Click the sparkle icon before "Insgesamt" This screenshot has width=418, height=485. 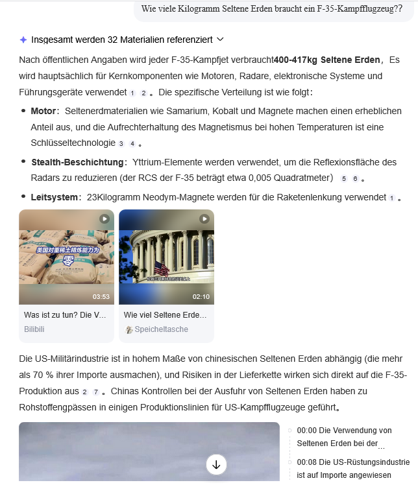pyautogui.click(x=23, y=40)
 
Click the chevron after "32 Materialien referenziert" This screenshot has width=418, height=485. pyautogui.click(x=221, y=40)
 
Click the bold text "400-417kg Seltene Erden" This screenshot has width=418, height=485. pyautogui.click(x=326, y=60)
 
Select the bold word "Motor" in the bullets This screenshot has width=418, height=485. pyautogui.click(x=43, y=111)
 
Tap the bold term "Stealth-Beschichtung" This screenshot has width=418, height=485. pyautogui.click(x=77, y=161)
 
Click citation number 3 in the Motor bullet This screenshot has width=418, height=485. pyautogui.click(x=121, y=143)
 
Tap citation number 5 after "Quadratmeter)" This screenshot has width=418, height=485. pyautogui.click(x=344, y=178)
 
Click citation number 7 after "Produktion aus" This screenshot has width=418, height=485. pyautogui.click(x=96, y=392)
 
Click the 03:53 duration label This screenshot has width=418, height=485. pyautogui.click(x=101, y=296)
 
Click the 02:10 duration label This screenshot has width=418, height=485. pyautogui.click(x=201, y=296)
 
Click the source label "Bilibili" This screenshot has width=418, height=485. pyautogui.click(x=34, y=329)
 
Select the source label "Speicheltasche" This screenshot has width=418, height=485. pyautogui.click(x=161, y=329)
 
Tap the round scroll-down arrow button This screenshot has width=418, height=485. pyautogui.click(x=216, y=464)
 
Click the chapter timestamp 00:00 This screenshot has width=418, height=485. pyautogui.click(x=305, y=431)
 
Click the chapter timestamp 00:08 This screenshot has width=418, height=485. pyautogui.click(x=305, y=462)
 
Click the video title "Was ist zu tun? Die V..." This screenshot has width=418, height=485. pyautogui.click(x=65, y=315)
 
